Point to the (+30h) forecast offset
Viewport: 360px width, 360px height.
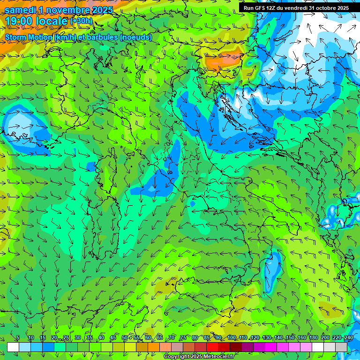(81, 21)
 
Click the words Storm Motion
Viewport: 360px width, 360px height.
(28, 37)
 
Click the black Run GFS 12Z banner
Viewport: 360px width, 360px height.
(296, 8)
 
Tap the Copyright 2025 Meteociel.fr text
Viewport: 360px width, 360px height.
(199, 357)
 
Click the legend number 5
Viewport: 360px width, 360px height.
(18, 338)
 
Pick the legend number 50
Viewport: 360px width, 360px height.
(125, 338)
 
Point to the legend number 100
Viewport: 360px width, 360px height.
(231, 338)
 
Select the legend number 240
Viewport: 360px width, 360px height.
(348, 338)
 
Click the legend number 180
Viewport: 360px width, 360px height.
(313, 338)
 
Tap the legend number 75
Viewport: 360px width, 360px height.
(183, 338)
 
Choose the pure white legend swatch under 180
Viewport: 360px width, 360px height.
(318, 347)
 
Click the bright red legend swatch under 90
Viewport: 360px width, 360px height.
(212, 347)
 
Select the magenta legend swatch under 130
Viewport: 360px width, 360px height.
(271, 347)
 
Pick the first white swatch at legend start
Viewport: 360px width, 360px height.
(13, 347)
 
